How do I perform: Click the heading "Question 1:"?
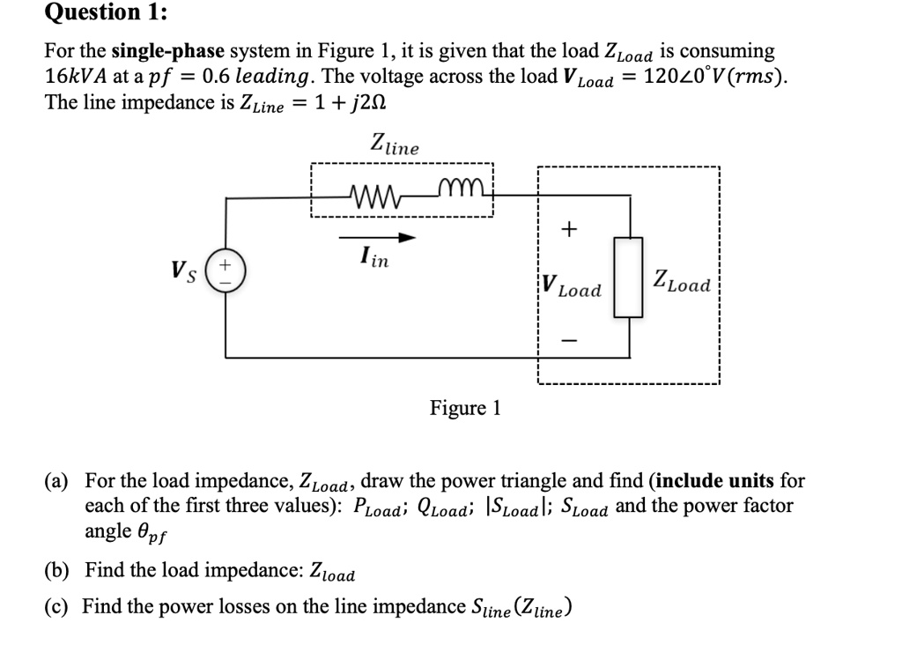tap(94, 12)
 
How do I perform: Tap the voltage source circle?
tap(225, 268)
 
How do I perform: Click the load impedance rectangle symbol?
tap(629, 276)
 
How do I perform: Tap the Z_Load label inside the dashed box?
tap(681, 284)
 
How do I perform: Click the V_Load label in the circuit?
tap(571, 285)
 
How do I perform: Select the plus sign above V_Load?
tap(569, 230)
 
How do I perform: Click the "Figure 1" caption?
tap(465, 408)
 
